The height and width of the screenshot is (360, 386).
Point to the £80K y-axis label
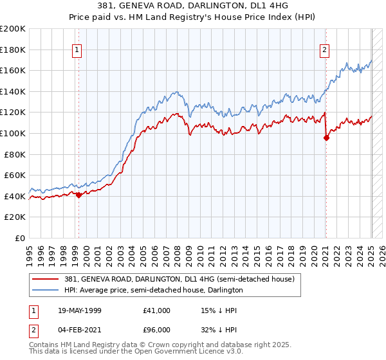coord(15,154)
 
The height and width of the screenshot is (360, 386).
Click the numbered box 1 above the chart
coord(77,50)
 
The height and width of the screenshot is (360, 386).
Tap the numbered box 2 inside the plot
coord(325,50)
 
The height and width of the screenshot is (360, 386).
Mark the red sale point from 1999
coord(78,195)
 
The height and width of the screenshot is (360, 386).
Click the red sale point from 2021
coord(326,138)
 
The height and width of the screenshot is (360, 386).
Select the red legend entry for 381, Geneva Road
coord(179,280)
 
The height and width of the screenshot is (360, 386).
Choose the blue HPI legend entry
coord(153,291)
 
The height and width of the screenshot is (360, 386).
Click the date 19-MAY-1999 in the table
coord(86,310)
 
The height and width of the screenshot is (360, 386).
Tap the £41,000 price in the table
coord(156,310)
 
